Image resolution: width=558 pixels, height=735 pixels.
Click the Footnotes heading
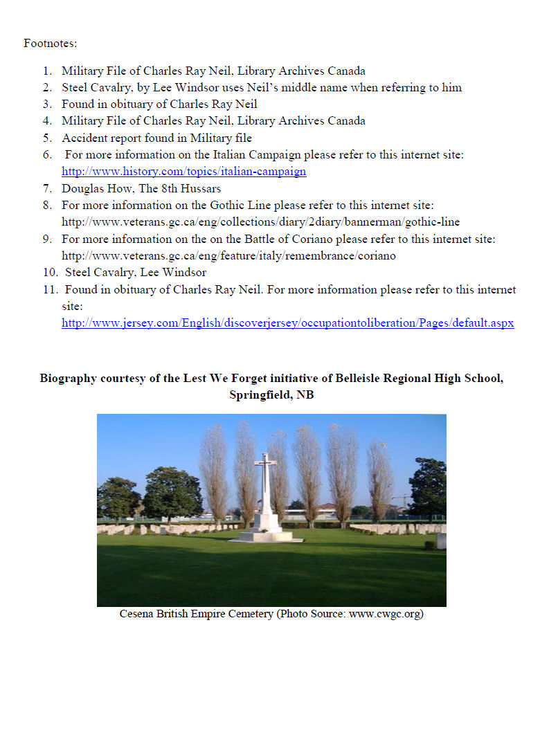(50, 43)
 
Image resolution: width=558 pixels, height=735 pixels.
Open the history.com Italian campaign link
(183, 172)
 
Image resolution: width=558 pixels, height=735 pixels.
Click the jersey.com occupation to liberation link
(287, 323)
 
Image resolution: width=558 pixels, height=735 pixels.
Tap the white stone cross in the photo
(265, 484)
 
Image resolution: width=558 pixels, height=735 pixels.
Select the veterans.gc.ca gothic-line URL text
(260, 222)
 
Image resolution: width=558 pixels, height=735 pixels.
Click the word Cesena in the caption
(138, 614)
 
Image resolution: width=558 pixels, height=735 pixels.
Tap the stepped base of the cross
(266, 534)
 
